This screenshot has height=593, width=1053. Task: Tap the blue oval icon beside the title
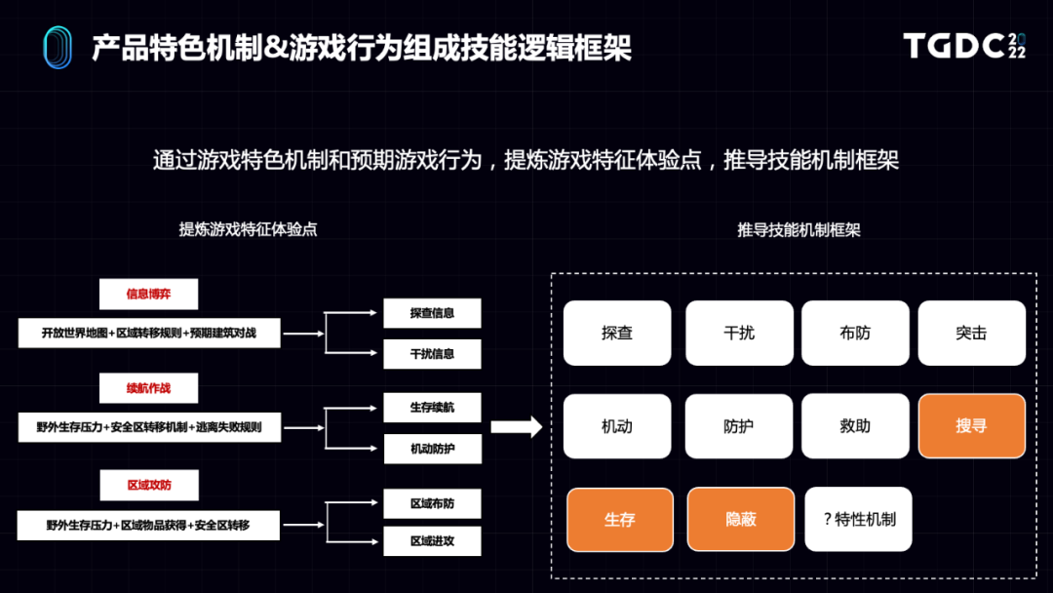58,47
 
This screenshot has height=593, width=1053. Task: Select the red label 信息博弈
148,294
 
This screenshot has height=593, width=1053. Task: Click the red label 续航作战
148,388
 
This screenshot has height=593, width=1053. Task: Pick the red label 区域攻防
148,485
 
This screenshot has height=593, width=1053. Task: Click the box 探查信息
432,313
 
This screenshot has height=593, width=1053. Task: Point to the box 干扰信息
432,354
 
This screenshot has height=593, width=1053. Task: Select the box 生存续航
432,408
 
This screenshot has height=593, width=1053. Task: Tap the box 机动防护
432,449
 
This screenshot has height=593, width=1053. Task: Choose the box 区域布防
432,503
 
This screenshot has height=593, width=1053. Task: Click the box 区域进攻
432,541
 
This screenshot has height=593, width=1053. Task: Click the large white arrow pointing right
516,426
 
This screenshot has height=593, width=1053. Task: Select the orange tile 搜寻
971,426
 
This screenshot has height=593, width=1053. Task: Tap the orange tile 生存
620,520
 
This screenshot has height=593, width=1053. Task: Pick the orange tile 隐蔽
741,520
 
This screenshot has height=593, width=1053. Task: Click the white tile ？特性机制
859,520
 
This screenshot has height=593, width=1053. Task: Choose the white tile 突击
971,333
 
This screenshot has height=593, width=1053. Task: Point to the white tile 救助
855,426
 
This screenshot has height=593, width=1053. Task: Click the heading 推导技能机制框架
799,230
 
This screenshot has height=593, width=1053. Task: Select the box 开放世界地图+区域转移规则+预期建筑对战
149,333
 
